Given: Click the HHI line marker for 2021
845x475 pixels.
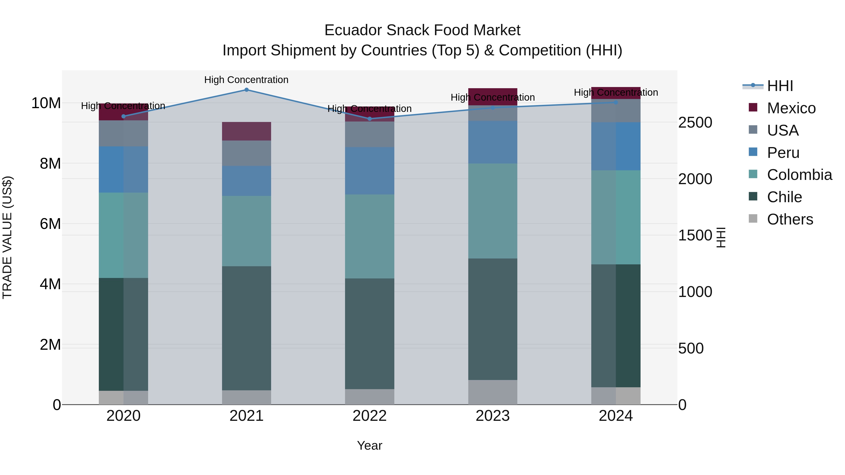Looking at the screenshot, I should [246, 90].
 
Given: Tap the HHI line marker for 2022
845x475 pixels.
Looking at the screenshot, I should [370, 119].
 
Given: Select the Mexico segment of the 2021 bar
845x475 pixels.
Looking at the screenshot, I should [246, 131].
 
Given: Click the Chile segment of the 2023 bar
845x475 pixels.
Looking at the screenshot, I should [493, 319].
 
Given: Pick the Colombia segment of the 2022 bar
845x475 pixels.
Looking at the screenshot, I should [370, 236].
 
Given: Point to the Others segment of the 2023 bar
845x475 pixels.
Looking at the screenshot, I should [493, 392].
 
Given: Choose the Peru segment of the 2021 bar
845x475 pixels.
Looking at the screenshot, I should [246, 181].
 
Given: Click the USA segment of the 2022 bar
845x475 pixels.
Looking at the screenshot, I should [370, 134].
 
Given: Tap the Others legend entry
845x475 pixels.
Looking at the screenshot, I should [790, 219].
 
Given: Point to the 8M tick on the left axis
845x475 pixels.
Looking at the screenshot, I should [50, 163].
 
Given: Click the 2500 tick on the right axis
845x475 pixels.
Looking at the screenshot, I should [695, 123].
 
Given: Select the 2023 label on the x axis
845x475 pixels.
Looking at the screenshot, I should [493, 416].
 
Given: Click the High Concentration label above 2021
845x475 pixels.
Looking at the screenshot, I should [246, 80].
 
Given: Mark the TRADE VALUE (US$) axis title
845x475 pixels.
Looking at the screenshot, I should [7, 237].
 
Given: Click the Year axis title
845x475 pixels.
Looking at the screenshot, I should [369, 445].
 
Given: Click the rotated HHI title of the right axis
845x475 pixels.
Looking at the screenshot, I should [721, 237].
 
